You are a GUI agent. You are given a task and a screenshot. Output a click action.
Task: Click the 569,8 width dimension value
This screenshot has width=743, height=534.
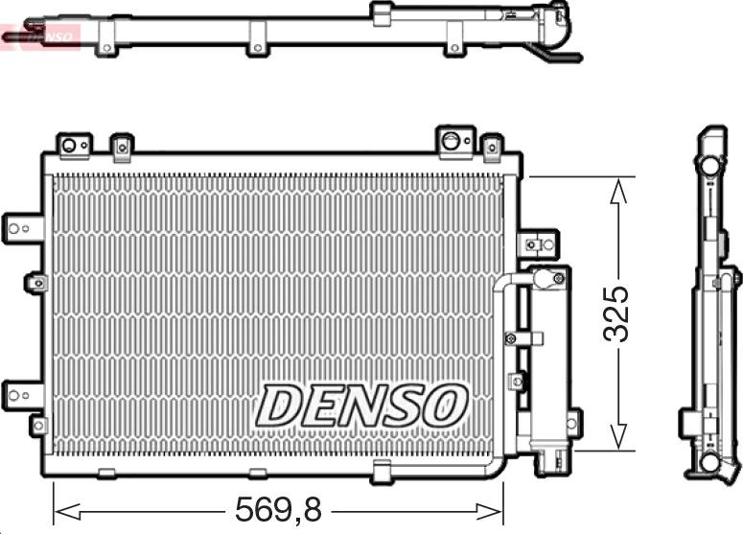[x=279, y=510]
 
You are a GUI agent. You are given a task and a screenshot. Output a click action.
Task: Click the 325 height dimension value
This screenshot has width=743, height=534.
[x=616, y=313]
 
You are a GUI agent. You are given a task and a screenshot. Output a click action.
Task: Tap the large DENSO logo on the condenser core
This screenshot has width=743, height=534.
[x=362, y=406]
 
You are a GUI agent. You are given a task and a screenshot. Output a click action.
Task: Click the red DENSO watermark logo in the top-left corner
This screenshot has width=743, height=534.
[x=40, y=36]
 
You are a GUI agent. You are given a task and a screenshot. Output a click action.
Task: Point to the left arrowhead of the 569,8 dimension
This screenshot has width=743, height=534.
[x=66, y=512]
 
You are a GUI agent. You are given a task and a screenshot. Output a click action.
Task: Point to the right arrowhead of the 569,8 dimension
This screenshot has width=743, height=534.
[x=490, y=512]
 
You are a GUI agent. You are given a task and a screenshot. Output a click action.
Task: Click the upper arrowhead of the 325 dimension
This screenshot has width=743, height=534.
[x=618, y=191]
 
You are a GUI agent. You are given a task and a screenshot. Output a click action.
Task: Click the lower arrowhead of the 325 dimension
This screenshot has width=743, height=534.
[x=618, y=436]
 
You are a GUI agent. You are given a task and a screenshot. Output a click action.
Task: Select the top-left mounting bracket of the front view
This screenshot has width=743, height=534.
[x=75, y=145]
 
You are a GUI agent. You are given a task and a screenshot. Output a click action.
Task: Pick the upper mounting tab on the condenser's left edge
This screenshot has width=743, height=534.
[x=23, y=229]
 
